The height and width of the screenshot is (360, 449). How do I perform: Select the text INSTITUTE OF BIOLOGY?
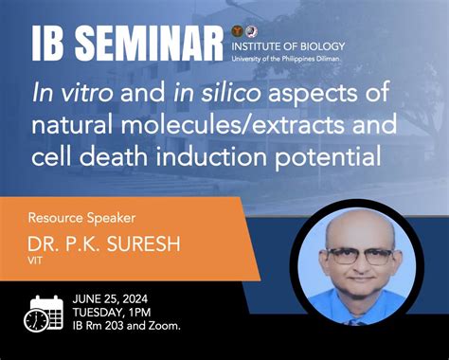288,45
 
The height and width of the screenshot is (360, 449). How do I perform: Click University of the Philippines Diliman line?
288,59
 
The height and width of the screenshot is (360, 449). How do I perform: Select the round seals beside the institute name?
243,31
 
